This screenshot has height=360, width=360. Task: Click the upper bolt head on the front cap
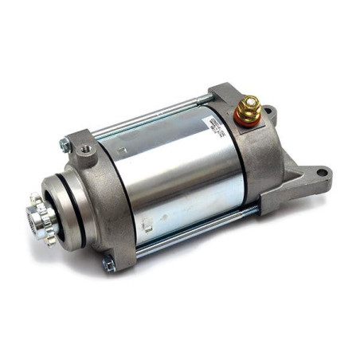click(x=65, y=146)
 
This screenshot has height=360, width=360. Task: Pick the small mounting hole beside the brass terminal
click(x=270, y=111)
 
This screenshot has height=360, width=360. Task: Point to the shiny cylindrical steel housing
click(x=175, y=175)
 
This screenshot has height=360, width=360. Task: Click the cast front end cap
click(x=104, y=199)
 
